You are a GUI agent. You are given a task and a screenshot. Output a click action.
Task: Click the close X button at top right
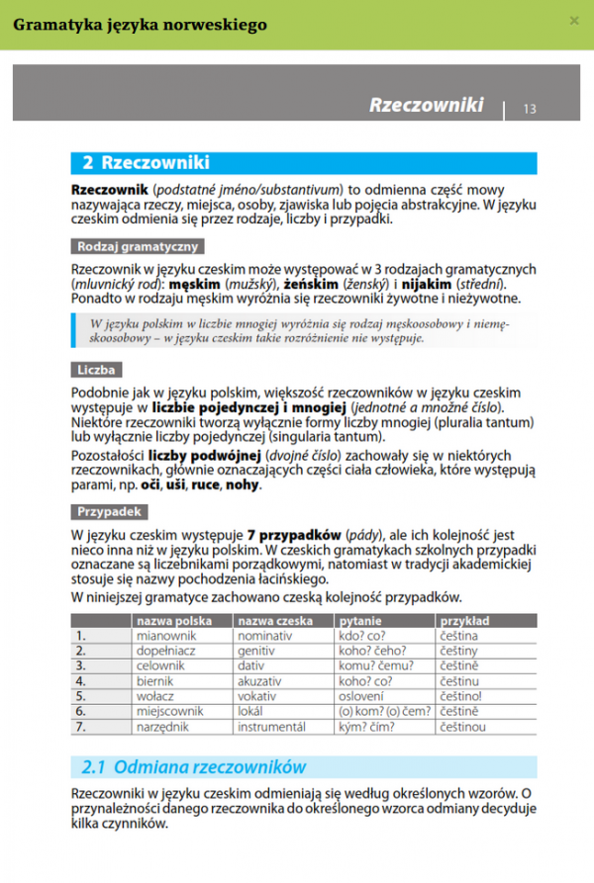[574, 21]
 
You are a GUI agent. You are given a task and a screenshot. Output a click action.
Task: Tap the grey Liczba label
[97, 370]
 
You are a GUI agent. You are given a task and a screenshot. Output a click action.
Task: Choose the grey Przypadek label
[110, 512]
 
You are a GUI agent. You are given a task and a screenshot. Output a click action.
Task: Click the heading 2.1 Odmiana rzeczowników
[194, 766]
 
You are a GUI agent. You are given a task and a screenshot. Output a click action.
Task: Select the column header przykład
[463, 621]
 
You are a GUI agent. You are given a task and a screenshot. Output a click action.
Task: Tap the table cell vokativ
[262, 696]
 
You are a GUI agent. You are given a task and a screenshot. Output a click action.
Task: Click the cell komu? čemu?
[375, 666]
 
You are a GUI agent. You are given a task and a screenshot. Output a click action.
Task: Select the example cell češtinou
[464, 727]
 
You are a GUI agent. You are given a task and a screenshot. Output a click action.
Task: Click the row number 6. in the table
[81, 711]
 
